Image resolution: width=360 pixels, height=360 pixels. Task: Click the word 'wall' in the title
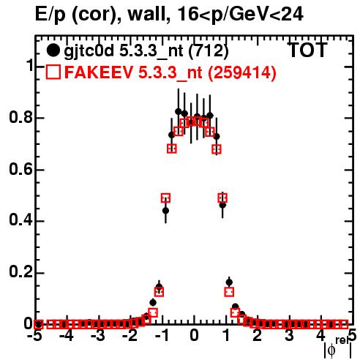[x=149, y=14]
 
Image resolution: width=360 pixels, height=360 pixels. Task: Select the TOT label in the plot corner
[x=307, y=50]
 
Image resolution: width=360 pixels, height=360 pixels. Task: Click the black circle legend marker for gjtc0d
[x=53, y=50]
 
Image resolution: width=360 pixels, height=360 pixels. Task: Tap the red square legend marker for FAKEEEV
[x=53, y=72]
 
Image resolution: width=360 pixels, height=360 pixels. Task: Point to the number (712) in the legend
[x=209, y=51]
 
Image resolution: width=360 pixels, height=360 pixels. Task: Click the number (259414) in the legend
[x=242, y=72]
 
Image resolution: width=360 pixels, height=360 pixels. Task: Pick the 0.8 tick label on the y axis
[x=20, y=117]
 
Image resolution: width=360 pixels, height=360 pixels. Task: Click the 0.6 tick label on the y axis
[x=20, y=169]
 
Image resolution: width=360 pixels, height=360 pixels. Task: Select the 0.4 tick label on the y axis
[x=20, y=220]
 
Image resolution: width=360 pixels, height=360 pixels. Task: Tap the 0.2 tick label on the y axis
[x=20, y=272]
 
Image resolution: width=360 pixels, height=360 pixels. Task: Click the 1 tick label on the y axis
[x=30, y=65]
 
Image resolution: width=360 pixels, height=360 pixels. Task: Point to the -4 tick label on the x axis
[x=67, y=336]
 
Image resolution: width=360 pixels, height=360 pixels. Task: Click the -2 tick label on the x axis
[x=130, y=336]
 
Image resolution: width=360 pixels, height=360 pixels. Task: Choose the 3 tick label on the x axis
[x=289, y=336]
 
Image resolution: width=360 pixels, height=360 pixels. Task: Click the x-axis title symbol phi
[x=331, y=350]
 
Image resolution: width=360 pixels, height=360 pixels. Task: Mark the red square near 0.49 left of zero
[x=165, y=198]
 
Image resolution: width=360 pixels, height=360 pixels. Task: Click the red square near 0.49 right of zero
[x=222, y=198]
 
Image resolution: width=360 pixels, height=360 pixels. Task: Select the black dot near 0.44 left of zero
[x=165, y=211]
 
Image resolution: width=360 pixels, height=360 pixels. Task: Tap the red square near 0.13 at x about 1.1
[x=229, y=291]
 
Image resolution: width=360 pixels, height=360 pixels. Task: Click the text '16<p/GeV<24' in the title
[x=240, y=14]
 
